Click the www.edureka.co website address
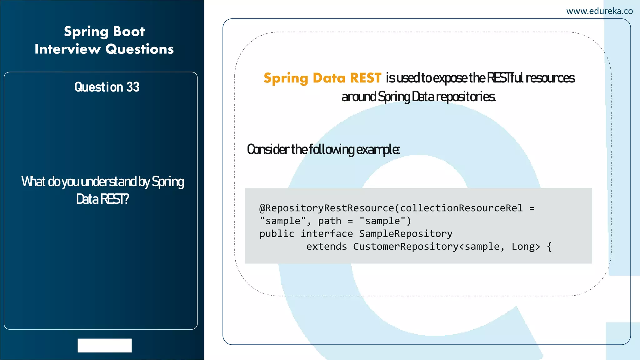[599, 11]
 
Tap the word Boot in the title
[129, 32]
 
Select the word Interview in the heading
[67, 49]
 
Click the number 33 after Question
[133, 87]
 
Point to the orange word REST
[365, 78]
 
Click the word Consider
[268, 149]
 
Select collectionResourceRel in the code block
[461, 208]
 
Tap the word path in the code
[329, 221]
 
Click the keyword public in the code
[277, 234]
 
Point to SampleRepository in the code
[406, 234]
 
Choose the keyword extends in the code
[327, 247]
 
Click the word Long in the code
[526, 247]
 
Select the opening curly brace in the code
[549, 247]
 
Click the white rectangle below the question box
[105, 345]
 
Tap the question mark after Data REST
[126, 199]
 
